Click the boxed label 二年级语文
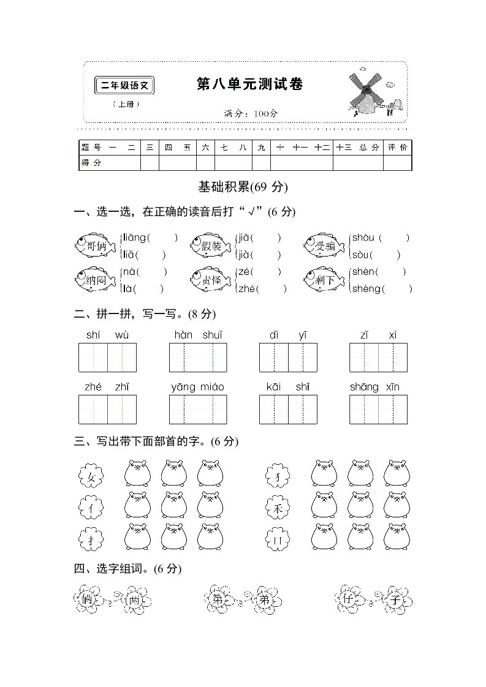[125, 86]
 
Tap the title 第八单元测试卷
[249, 84]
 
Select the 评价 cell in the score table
[397, 148]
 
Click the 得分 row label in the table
[91, 163]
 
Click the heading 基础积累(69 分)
[243, 187]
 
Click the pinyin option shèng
[365, 289]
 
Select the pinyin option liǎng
[135, 238]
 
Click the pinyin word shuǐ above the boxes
[212, 335]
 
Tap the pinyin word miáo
[212, 386]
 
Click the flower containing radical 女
[91, 474]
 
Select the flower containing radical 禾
[277, 507]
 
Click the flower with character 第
[218, 599]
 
